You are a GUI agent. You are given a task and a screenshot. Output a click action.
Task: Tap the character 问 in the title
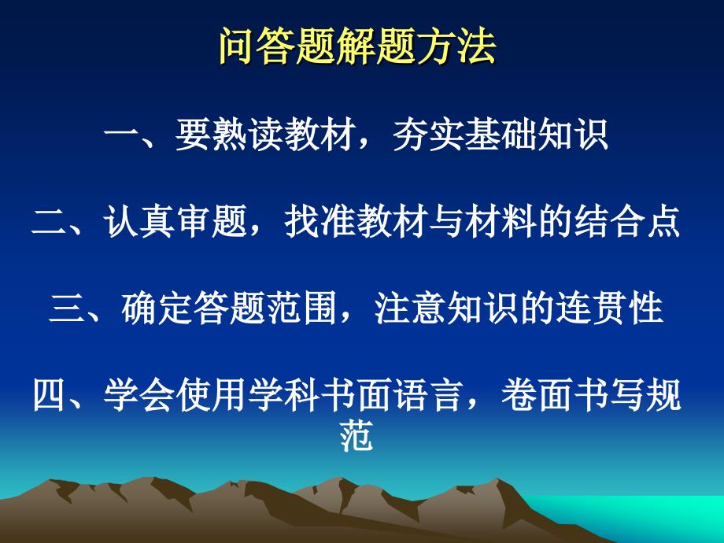click(238, 46)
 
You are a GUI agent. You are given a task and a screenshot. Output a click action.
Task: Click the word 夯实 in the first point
click(428, 135)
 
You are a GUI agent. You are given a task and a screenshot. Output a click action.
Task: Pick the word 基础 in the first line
click(500, 135)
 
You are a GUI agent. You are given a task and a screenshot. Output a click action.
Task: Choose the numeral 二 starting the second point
click(50, 222)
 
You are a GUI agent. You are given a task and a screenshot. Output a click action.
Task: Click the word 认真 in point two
click(139, 222)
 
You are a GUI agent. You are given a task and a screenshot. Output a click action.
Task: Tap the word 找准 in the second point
click(320, 222)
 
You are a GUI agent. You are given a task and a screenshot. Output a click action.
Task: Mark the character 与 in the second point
click(446, 222)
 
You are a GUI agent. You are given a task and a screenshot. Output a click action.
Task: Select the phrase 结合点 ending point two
click(627, 222)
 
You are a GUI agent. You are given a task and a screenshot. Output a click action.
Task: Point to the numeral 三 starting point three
click(66, 308)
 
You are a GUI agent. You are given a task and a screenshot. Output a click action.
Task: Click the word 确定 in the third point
click(157, 308)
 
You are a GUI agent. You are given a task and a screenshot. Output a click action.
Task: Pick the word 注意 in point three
click(410, 308)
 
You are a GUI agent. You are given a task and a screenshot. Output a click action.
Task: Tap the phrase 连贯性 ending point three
click(609, 308)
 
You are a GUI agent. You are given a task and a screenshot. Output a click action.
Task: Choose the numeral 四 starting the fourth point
click(50, 395)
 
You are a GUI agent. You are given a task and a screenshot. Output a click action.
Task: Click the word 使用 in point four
click(211, 395)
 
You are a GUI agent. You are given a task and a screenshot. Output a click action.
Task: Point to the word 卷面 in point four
click(537, 395)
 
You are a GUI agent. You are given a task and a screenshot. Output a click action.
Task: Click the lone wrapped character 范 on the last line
click(356, 435)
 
